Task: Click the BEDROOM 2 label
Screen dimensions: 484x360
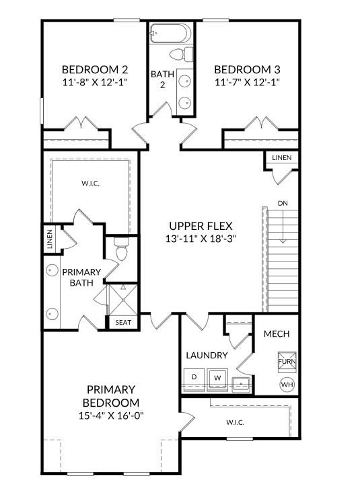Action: coord(95,69)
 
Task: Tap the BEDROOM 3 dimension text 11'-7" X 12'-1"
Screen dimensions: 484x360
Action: coord(247,82)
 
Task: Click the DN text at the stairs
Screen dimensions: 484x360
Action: coord(283,203)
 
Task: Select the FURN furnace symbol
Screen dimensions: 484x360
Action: coord(287,362)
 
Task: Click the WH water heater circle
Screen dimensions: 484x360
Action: coord(287,385)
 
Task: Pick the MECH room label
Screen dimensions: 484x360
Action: coord(277,333)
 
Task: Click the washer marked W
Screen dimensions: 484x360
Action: coord(217,378)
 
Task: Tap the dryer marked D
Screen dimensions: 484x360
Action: coord(194,377)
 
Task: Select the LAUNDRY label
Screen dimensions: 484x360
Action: coord(207,355)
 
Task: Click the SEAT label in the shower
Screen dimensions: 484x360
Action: coord(123,323)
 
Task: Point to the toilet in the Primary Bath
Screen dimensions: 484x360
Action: coord(122,251)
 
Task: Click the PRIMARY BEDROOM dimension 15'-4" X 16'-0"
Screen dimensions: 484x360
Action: coord(111,415)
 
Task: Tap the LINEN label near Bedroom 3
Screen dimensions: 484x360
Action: coord(281,157)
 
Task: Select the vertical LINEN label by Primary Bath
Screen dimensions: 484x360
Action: coord(50,240)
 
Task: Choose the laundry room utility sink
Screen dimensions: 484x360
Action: coord(241,384)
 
